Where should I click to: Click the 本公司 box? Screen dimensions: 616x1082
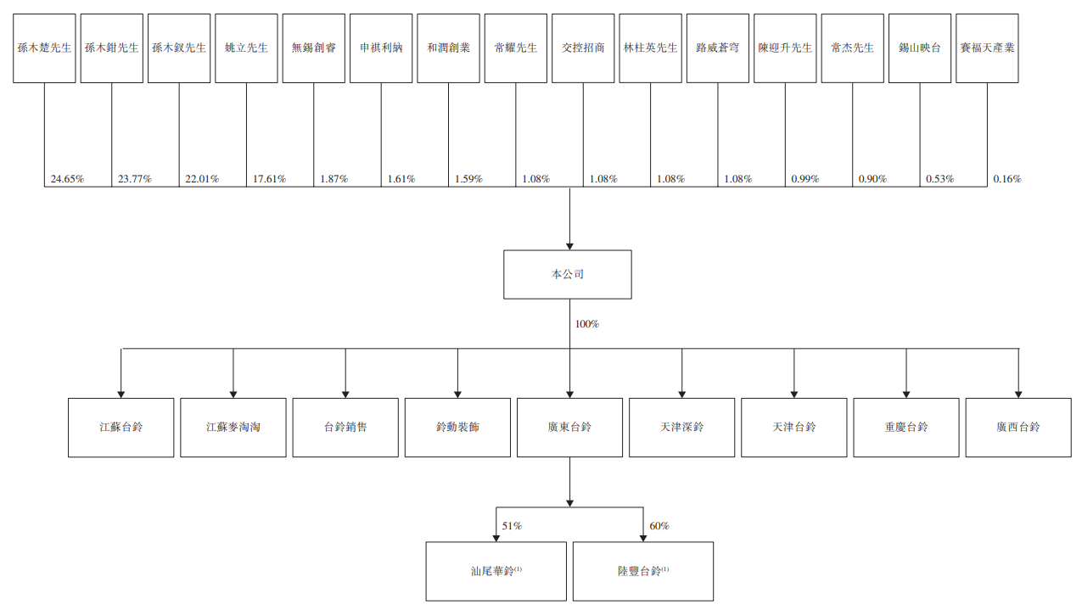point(567,274)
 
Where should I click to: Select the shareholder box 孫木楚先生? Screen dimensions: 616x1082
point(44,48)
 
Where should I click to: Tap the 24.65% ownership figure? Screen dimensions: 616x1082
point(68,179)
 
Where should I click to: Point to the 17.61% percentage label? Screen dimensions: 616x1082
point(269,179)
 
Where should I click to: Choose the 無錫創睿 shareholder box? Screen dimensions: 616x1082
point(313,48)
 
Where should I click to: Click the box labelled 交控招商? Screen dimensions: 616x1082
point(583,48)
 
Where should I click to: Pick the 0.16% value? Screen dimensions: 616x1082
point(1007,179)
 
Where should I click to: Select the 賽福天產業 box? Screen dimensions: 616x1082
point(987,48)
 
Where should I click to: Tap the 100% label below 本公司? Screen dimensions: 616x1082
point(587,324)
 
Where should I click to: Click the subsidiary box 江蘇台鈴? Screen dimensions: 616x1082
point(121,428)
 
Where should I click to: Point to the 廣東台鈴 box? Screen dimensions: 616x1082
point(569,428)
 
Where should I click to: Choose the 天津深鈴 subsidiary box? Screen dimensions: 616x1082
point(681,428)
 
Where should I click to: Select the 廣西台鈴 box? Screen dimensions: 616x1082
point(1018,428)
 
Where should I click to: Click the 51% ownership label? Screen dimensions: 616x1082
point(512,526)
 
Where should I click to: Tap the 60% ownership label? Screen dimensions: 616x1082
point(659,526)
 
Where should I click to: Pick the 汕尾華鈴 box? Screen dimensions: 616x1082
point(496,571)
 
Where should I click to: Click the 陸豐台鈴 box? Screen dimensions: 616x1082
point(643,571)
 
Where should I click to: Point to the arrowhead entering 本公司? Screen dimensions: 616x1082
point(569,245)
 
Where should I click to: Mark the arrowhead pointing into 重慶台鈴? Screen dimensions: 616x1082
point(906,394)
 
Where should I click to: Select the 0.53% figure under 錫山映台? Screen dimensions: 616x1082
point(939,179)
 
